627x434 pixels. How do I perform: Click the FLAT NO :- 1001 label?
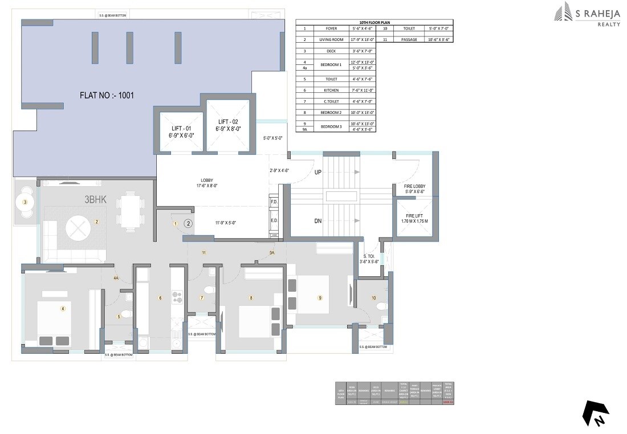tap(107, 95)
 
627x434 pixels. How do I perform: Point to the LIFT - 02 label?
tap(228, 125)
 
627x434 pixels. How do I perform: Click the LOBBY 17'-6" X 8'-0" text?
tap(206, 182)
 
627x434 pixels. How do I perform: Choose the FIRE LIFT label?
tap(414, 218)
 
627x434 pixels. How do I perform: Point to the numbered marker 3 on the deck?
tap(25, 202)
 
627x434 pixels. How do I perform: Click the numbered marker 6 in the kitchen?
tap(160, 297)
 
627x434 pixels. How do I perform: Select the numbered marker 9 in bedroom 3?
tap(320, 297)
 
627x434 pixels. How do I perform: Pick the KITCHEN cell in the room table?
tap(331, 90)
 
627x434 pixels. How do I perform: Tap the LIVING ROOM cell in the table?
tap(331, 40)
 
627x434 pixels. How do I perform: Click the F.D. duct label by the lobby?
tap(274, 202)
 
